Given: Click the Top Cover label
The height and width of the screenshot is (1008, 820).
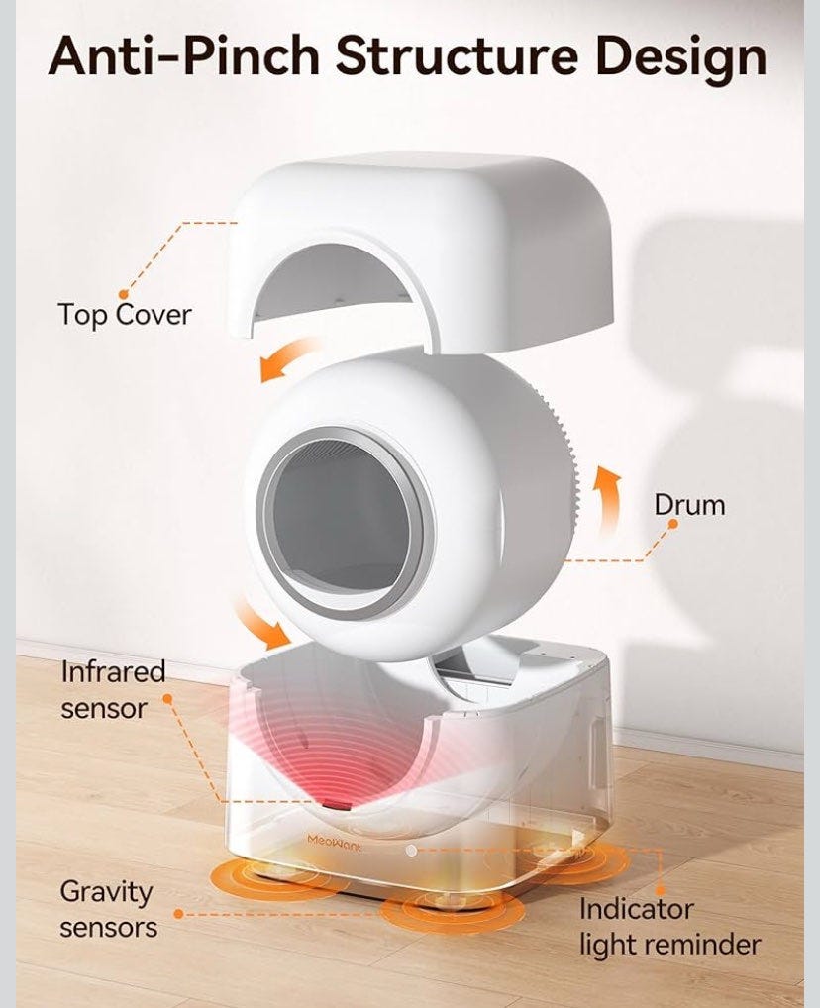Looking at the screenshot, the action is (x=125, y=314).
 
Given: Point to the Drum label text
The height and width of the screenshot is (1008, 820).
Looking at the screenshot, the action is (x=689, y=505).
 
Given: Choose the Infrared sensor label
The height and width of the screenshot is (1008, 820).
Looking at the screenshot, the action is (x=113, y=690).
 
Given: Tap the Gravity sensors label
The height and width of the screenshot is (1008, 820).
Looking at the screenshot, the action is (x=108, y=910).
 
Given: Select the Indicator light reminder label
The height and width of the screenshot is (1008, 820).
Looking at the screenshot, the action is (x=670, y=927).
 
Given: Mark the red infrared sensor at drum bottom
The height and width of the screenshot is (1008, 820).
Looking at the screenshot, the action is (x=337, y=804).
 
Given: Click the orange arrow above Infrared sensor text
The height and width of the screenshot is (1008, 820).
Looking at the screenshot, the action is (x=259, y=622).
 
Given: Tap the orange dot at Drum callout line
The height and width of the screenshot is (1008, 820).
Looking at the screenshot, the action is (x=672, y=524).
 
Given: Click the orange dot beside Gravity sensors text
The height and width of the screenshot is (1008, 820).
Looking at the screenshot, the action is (x=179, y=914).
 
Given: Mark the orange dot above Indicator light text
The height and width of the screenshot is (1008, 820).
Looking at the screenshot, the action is (x=660, y=891).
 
